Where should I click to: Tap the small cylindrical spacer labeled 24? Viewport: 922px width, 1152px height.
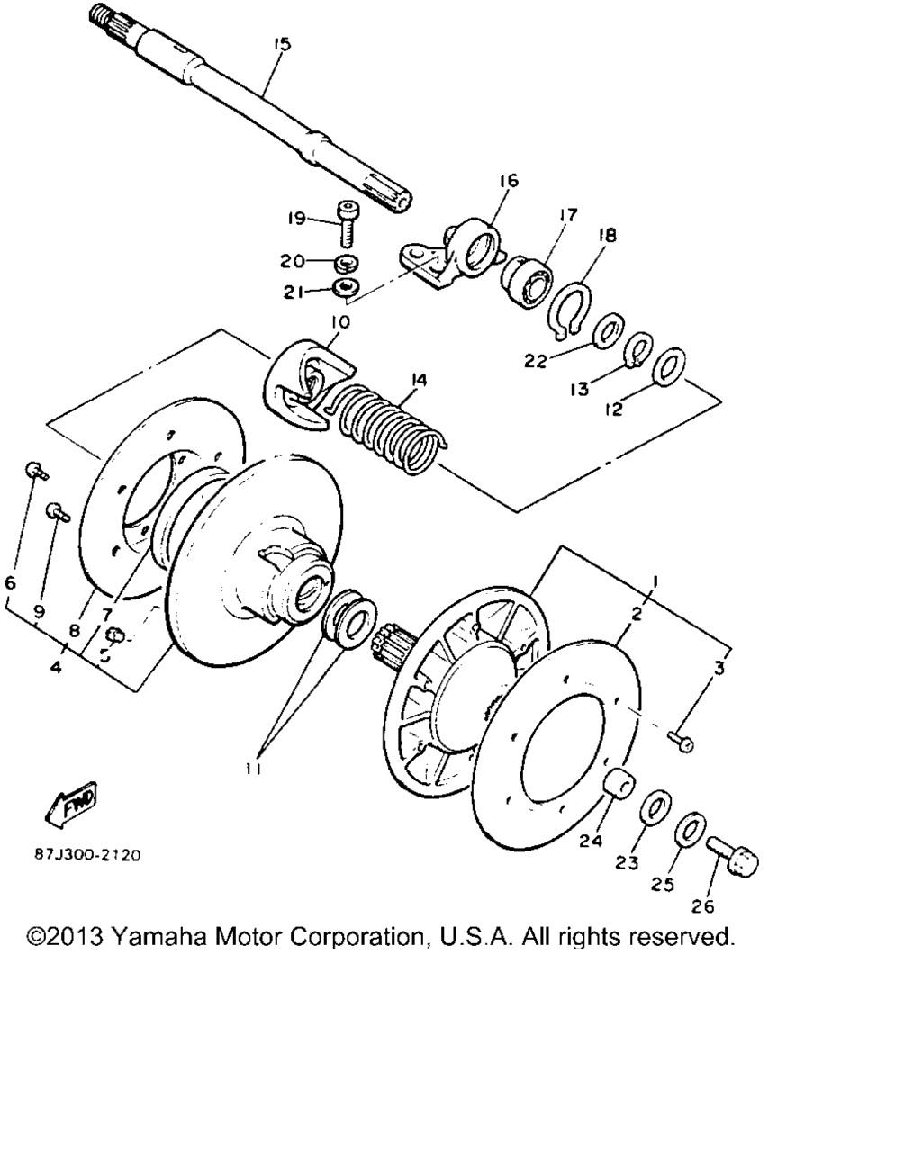click(x=617, y=786)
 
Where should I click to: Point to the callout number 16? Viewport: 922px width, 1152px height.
click(x=508, y=181)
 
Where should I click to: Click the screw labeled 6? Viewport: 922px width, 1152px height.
click(x=32, y=468)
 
